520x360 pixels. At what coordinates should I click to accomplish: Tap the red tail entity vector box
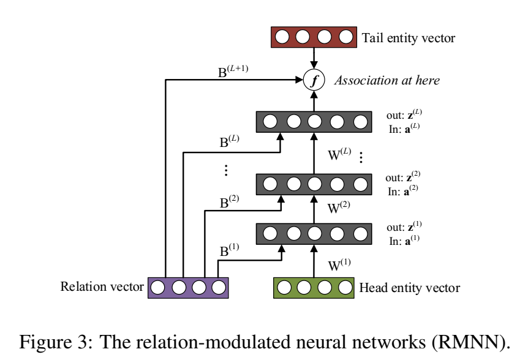[x=314, y=37]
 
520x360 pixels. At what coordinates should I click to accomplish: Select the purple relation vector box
[x=188, y=287]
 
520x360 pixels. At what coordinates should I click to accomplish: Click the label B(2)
[x=230, y=202]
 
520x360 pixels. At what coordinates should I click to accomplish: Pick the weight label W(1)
[x=341, y=266]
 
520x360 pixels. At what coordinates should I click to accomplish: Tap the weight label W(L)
[x=341, y=152]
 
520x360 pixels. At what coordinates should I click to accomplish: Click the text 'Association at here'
[x=386, y=81]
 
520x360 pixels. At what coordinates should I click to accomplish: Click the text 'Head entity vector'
[x=410, y=287]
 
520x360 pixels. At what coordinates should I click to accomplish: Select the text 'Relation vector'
[x=102, y=287]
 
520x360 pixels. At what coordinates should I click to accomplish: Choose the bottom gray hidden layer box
[x=314, y=233]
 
